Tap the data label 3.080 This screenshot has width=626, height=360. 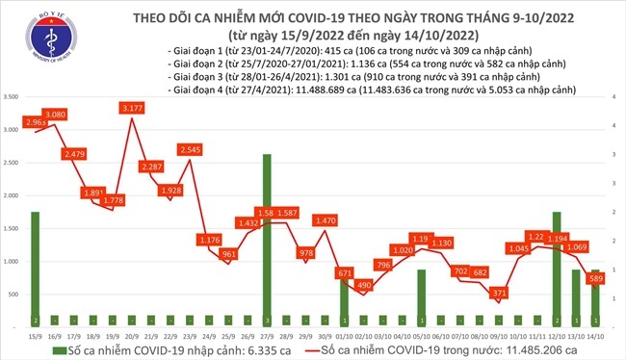pos(54,116)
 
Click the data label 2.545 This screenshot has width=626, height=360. pos(190,150)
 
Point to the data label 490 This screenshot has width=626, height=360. pos(364,285)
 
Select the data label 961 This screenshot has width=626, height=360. pos(227,254)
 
